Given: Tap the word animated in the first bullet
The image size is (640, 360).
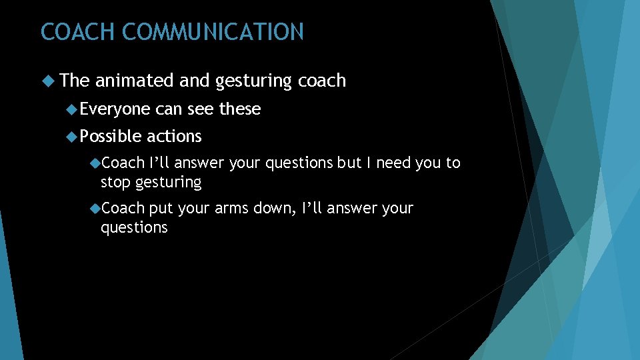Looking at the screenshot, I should pyautogui.click(x=135, y=81).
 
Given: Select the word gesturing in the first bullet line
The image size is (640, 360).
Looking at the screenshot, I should pyautogui.click(x=254, y=81).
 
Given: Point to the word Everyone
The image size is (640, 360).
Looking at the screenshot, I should pyautogui.click(x=115, y=109).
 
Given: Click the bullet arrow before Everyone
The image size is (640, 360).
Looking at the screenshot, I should pyautogui.click(x=72, y=109).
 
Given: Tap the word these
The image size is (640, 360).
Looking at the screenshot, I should pyautogui.click(x=239, y=109).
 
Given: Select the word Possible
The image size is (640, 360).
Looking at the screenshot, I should pyautogui.click(x=111, y=136).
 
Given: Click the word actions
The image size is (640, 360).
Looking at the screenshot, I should pyautogui.click(x=173, y=136).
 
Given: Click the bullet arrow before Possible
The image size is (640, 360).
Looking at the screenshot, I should pyautogui.click(x=72, y=136).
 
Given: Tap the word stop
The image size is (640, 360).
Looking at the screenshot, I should pyautogui.click(x=115, y=182).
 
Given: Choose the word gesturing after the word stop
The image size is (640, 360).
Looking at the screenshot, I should pyautogui.click(x=168, y=183).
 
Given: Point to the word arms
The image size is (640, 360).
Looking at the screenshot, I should pyautogui.click(x=231, y=209).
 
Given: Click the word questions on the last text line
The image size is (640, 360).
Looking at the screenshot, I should pyautogui.click(x=134, y=228).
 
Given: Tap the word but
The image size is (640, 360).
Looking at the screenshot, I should pyautogui.click(x=349, y=163).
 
